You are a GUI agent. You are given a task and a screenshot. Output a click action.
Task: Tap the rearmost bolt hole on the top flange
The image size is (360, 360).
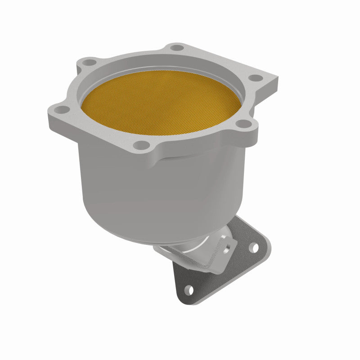[x=178, y=47]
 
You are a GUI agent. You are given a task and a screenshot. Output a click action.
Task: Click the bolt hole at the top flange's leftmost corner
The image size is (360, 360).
[x=61, y=108]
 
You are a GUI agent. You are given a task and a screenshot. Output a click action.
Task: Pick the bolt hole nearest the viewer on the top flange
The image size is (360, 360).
[x=142, y=144]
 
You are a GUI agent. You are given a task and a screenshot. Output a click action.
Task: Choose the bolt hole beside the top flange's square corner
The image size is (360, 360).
[x=256, y=77]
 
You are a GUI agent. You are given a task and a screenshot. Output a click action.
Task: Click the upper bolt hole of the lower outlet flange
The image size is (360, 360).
[x=254, y=247]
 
